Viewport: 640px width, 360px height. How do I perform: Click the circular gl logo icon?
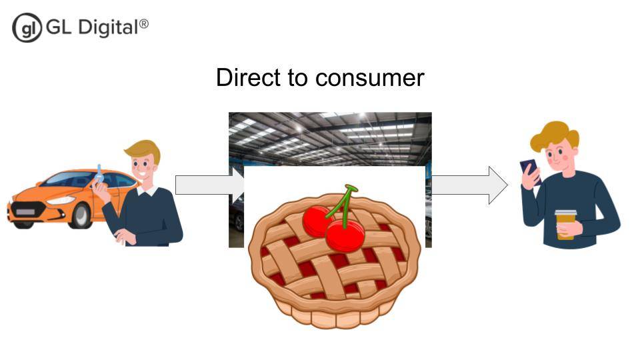[27, 28]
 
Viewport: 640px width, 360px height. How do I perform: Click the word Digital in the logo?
[108, 28]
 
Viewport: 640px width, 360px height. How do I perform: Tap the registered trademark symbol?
[144, 24]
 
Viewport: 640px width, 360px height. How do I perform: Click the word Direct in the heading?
[249, 77]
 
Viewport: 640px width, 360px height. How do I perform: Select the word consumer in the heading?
[370, 79]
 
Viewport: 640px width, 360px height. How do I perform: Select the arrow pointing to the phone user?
[470, 185]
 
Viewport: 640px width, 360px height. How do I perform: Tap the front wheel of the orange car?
[81, 215]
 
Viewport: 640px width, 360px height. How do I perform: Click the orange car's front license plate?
[25, 212]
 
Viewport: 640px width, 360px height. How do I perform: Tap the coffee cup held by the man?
[565, 224]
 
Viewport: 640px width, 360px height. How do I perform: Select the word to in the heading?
[299, 78]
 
